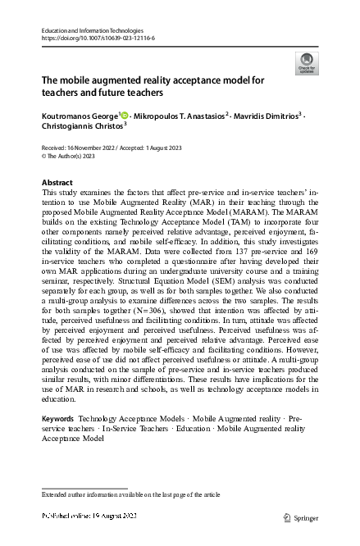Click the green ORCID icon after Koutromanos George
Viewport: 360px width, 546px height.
[x=125, y=116]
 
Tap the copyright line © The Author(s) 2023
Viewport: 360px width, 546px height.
[x=72, y=154]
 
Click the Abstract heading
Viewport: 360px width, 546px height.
[x=57, y=182]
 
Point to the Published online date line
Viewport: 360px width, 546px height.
[x=89, y=516]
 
